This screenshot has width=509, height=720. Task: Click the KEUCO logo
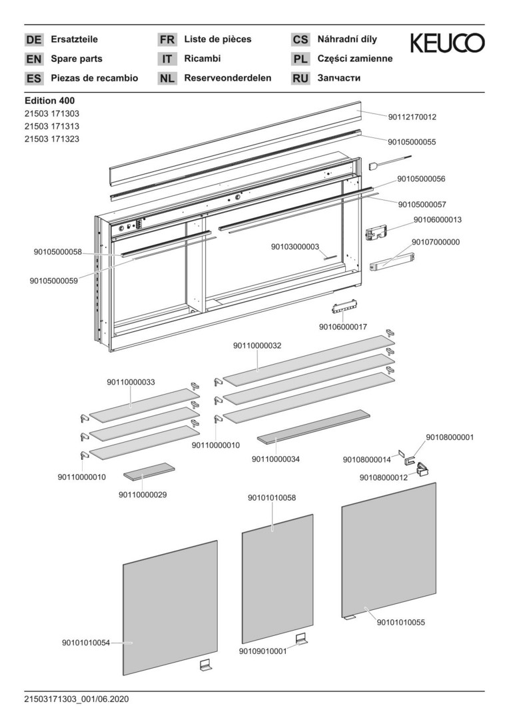tap(446, 44)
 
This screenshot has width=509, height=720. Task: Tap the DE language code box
tap(33, 40)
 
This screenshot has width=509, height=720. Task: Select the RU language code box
tap(300, 79)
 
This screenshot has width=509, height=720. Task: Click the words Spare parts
tap(77, 59)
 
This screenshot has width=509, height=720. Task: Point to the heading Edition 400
tap(49, 101)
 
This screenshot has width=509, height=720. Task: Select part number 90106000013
tap(437, 219)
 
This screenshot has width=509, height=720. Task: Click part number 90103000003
tap(295, 247)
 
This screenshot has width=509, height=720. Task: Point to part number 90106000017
tap(343, 327)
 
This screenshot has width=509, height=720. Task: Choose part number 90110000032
tap(257, 346)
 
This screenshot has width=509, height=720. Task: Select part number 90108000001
tap(450, 437)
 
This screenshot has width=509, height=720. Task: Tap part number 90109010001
tap(262, 651)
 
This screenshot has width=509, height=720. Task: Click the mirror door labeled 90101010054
tap(170, 607)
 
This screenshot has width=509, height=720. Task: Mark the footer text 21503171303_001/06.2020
tap(76, 699)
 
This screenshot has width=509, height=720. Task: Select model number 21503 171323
tap(52, 139)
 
